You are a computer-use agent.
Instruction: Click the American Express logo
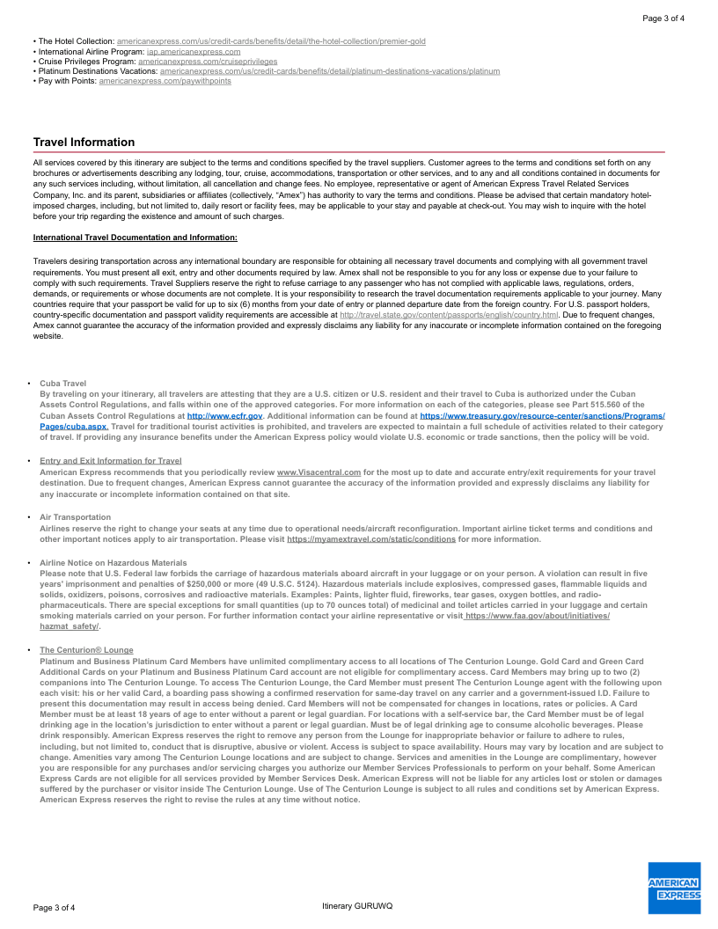(674, 889)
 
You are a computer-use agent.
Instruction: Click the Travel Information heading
(84, 143)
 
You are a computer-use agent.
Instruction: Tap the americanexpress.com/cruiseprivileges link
(208, 62)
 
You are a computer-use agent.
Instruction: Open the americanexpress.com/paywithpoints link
(165, 81)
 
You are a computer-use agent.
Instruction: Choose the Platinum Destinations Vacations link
(330, 71)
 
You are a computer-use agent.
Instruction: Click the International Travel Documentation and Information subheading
(135, 238)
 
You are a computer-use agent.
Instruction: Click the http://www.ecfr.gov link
(225, 415)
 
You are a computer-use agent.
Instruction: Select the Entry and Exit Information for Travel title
(111, 461)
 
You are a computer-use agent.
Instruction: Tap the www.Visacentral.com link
(319, 472)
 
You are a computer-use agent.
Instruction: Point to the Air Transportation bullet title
(76, 517)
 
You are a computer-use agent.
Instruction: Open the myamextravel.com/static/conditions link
(371, 539)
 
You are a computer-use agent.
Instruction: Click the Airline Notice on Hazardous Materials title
(114, 562)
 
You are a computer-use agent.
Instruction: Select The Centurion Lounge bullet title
(86, 650)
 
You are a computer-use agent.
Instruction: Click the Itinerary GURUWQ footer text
(357, 906)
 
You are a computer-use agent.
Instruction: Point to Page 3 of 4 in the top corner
(663, 18)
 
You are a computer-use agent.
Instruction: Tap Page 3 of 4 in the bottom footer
(55, 907)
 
